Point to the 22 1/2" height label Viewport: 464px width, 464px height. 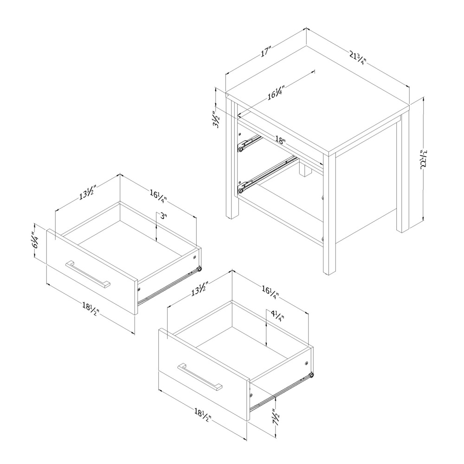[423, 160]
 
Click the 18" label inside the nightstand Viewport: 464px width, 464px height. [279, 139]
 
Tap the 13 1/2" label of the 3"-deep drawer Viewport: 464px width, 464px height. [86, 193]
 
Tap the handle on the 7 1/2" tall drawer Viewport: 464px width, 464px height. [200, 376]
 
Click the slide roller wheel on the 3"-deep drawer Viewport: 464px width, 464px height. [199, 269]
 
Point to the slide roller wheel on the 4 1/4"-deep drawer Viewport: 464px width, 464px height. [312, 374]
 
